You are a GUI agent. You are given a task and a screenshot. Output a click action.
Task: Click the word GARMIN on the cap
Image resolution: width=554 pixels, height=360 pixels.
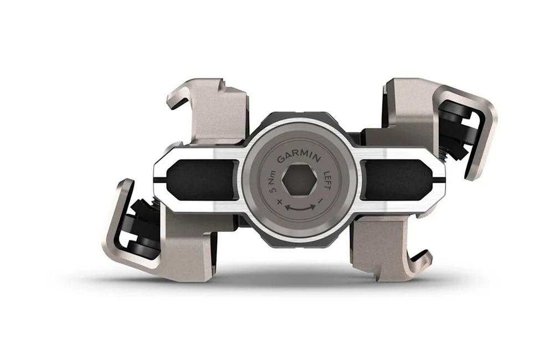299,157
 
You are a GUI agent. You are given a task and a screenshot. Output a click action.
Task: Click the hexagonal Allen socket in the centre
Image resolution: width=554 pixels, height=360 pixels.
299,182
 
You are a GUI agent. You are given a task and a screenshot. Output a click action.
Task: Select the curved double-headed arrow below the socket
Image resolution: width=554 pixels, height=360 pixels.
300,209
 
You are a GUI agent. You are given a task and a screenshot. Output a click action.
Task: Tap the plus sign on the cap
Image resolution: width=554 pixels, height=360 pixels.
280,202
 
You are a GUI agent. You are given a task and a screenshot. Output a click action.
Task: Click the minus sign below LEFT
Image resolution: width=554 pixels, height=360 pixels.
320,201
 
